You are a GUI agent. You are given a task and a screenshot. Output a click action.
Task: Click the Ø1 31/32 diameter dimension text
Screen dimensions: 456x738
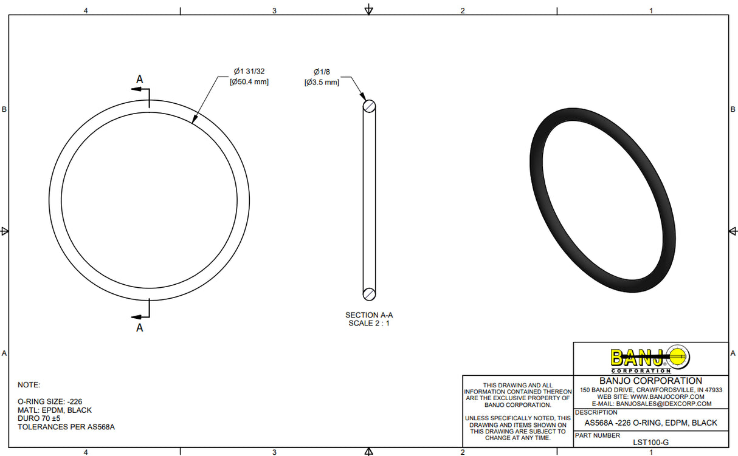[249, 72]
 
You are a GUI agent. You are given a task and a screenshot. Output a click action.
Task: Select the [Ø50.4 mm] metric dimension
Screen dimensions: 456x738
[249, 81]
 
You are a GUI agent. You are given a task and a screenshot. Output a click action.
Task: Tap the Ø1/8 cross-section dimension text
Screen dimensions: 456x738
[322, 72]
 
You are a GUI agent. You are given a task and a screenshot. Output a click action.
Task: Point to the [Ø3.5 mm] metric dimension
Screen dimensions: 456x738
[322, 82]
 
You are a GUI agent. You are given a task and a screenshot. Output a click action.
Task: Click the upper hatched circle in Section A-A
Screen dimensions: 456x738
[369, 107]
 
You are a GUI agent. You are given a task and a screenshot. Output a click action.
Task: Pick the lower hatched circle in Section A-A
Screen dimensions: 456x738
[369, 293]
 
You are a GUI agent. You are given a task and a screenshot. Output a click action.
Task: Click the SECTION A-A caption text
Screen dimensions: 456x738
[369, 315]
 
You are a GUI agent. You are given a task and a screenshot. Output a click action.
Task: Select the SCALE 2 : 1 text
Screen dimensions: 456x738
[369, 323]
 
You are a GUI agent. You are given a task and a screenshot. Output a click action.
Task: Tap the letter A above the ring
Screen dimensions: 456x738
[139, 79]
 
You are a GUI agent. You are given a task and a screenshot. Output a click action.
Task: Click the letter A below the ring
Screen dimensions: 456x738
[139, 327]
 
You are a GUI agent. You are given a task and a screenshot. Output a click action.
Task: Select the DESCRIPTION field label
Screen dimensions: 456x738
[596, 412]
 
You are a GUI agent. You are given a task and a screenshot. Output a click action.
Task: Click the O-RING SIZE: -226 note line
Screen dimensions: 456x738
[50, 401]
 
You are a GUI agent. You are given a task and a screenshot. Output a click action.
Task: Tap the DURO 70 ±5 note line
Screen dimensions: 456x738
[40, 418]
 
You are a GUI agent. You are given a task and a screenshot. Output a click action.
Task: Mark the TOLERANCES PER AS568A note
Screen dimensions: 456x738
[66, 427]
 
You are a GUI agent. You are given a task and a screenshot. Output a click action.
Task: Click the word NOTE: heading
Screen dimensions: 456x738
[29, 384]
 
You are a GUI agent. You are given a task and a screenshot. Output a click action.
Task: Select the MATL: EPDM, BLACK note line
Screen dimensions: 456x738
[55, 410]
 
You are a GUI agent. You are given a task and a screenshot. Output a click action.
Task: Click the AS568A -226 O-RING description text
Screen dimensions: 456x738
[650, 423]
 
